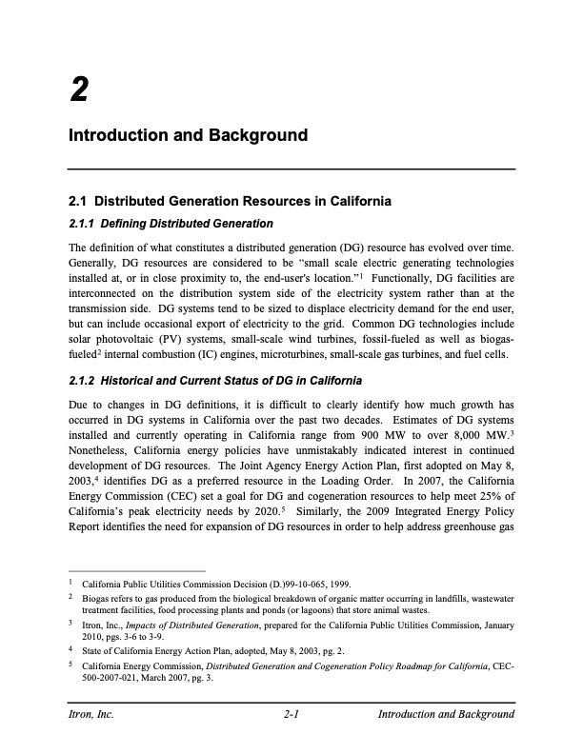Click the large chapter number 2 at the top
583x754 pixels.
(x=79, y=90)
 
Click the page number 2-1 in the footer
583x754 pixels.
(x=291, y=714)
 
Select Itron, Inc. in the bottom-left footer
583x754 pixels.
(x=90, y=714)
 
